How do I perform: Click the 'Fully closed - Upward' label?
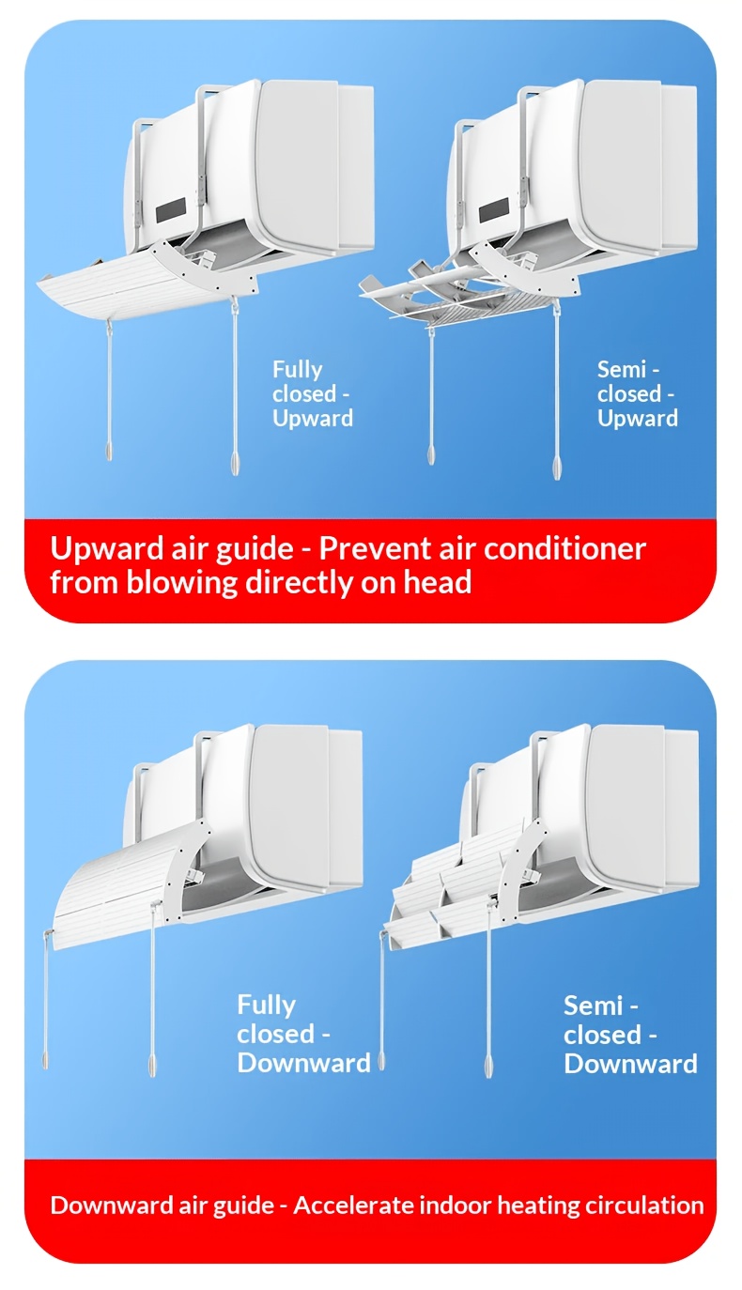coord(313,394)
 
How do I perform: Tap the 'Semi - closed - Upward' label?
coord(637,394)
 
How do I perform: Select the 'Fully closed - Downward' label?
coord(303,1034)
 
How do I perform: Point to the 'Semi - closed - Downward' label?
coord(630,1035)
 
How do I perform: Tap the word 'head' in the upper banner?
coord(438,582)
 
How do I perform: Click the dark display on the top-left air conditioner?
coord(171,210)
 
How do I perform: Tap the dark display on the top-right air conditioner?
coord(494,210)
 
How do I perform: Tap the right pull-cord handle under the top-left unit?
coord(235,462)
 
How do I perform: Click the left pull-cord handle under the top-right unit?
coord(431,453)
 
